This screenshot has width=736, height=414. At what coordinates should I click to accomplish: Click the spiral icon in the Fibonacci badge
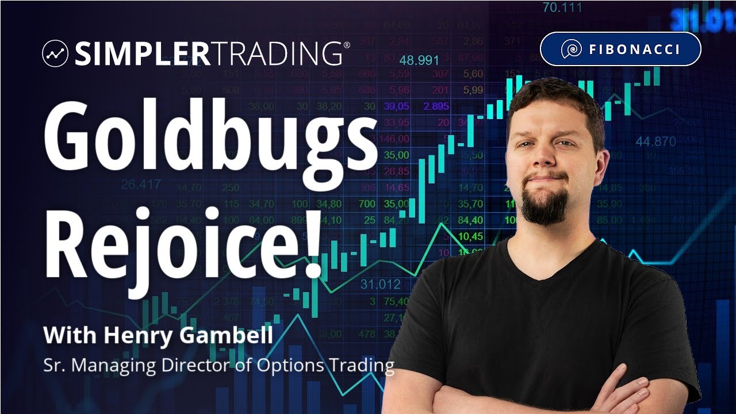(570, 49)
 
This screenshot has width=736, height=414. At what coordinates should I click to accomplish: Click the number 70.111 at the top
(562, 8)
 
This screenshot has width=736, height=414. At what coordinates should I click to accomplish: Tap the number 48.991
(419, 60)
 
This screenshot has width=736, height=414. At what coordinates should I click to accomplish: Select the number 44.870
(656, 141)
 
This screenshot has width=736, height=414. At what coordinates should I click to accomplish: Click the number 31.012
(380, 284)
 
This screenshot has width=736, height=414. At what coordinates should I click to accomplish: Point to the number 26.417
(141, 185)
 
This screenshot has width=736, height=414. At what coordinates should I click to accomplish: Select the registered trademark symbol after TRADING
(346, 44)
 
